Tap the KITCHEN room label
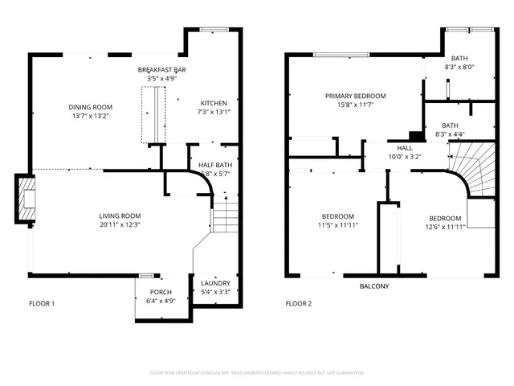pyautogui.click(x=214, y=103)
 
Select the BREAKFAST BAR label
pyautogui.click(x=161, y=69)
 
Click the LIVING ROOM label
pyautogui.click(x=120, y=216)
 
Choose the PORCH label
pyautogui.click(x=161, y=292)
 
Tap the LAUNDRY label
pyautogui.click(x=215, y=283)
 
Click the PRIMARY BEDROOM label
pyautogui.click(x=355, y=96)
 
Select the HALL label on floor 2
pyautogui.click(x=405, y=148)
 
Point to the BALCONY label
pyautogui.click(x=373, y=286)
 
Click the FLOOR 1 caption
pyautogui.click(x=42, y=304)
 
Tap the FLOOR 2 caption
pyautogui.click(x=299, y=304)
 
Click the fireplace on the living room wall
pyautogui.click(x=26, y=197)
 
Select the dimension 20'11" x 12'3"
pyautogui.click(x=120, y=225)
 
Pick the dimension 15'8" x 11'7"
pyautogui.click(x=355, y=105)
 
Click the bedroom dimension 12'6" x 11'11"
pyautogui.click(x=444, y=228)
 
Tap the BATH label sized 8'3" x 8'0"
pyautogui.click(x=459, y=58)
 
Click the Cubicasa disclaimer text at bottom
pyautogui.click(x=257, y=373)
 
